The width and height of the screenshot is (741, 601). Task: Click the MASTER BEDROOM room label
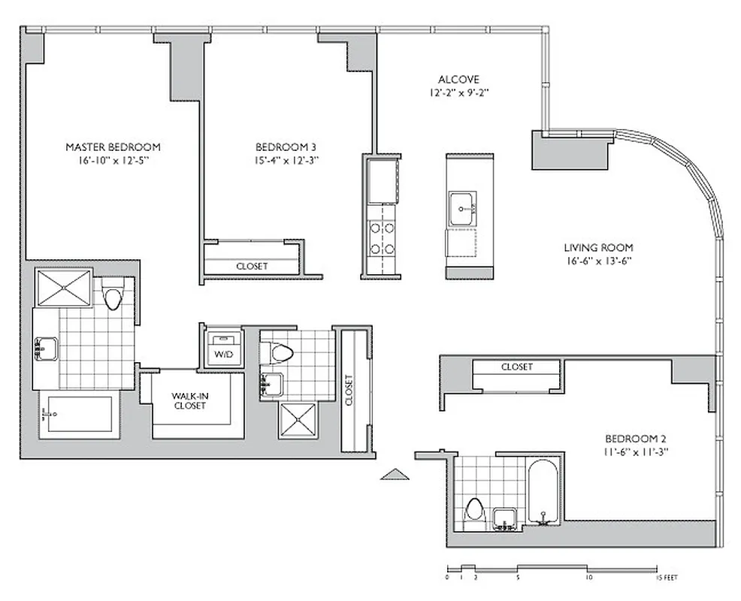tap(113, 146)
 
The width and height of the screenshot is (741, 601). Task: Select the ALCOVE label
tap(458, 80)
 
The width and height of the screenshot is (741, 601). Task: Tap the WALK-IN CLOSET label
tap(189, 400)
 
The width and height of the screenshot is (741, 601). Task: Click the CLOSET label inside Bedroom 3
tap(251, 266)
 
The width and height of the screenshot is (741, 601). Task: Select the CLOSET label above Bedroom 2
tap(516, 367)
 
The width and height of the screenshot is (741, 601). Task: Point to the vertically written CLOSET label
tap(349, 390)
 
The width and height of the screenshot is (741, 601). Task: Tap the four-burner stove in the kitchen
tap(383, 240)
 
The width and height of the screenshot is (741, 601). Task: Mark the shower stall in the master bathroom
tap(63, 288)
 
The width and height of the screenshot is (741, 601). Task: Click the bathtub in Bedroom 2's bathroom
tap(541, 491)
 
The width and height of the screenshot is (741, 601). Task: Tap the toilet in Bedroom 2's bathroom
tap(473, 510)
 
